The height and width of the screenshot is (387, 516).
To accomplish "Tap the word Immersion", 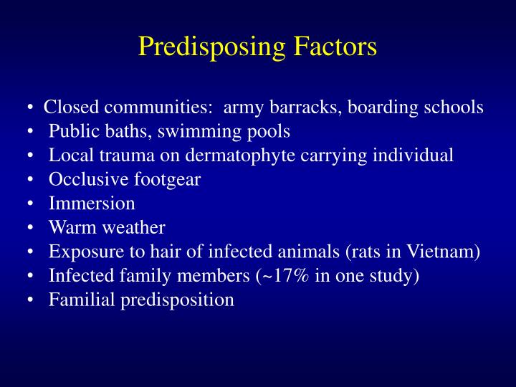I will point(92,204).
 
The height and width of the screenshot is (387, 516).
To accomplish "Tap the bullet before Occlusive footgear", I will point(31,180).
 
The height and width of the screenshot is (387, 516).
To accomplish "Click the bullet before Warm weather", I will point(31,228).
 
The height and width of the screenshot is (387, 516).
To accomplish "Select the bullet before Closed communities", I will point(31,107).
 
